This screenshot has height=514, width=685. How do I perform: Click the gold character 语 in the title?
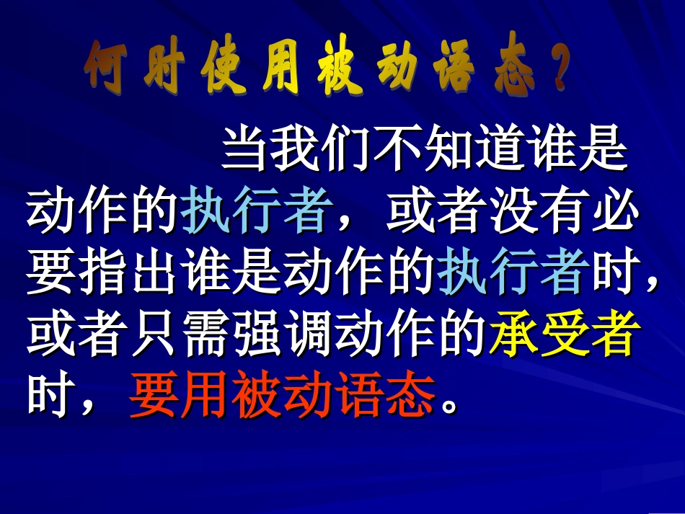pyautogui.click(x=454, y=71)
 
